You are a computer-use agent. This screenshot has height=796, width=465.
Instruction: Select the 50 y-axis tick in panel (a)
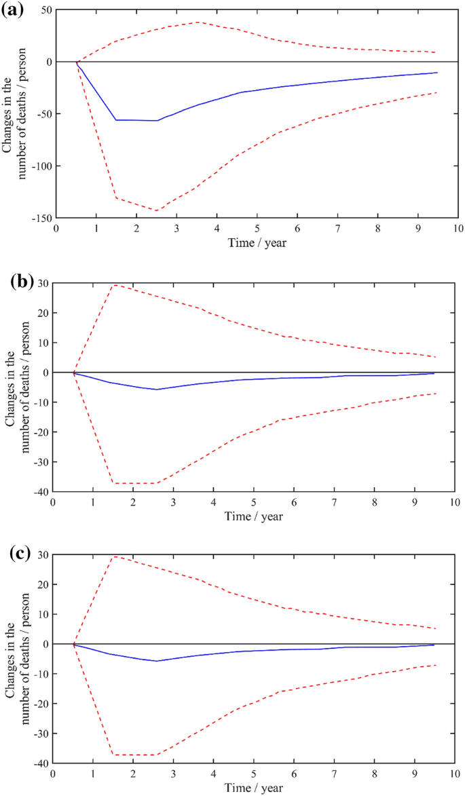click(x=45, y=10)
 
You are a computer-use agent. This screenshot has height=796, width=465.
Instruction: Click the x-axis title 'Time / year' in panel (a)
click(x=257, y=242)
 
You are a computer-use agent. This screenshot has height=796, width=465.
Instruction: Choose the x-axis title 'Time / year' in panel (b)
click(x=254, y=516)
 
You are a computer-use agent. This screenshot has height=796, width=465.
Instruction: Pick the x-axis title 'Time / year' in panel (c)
click(x=254, y=787)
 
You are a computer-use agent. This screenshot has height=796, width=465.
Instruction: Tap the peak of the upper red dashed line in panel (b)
click(x=114, y=284)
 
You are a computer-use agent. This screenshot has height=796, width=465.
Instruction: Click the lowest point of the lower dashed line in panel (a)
click(x=157, y=211)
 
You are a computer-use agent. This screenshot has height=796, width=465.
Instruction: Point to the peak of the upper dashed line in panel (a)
click(x=198, y=22)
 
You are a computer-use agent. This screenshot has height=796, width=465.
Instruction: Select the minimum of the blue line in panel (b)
click(x=157, y=390)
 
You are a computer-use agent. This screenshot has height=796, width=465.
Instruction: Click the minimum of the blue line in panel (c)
click(x=157, y=661)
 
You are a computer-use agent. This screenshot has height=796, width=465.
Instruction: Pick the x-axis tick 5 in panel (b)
click(x=254, y=503)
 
